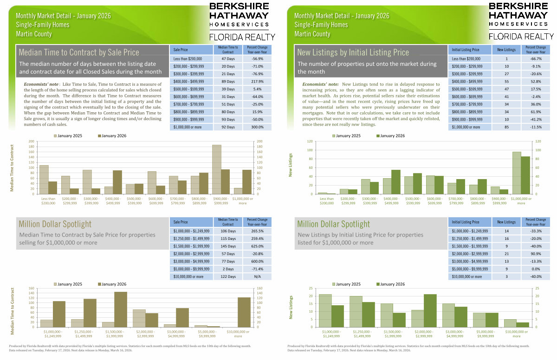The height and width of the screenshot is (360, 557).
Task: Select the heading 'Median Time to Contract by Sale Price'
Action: [79, 52]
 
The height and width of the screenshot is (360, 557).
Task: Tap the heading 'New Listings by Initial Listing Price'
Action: [353, 52]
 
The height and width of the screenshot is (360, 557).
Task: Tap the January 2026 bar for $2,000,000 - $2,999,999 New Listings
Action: [430, 310]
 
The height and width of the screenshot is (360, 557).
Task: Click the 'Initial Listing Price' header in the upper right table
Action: [465, 50]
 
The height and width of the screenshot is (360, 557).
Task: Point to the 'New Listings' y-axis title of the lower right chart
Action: [291, 307]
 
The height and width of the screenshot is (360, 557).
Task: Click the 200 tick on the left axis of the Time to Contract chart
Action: [32, 141]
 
